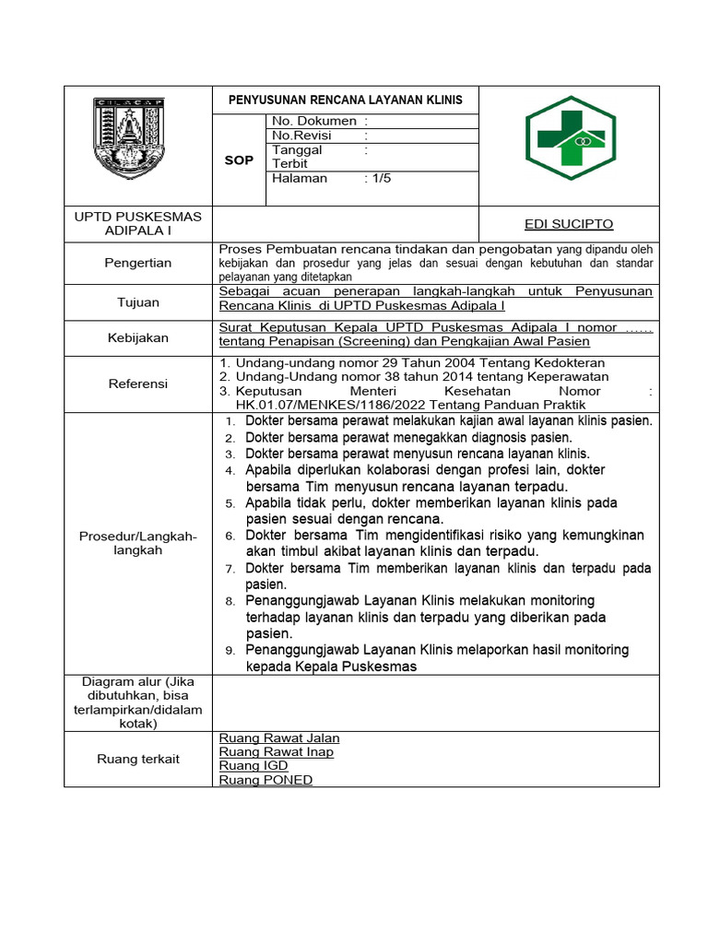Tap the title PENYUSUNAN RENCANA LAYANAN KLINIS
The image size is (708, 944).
click(346, 100)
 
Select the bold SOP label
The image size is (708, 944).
click(239, 160)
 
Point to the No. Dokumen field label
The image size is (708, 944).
click(314, 121)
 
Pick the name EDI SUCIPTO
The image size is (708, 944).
click(568, 224)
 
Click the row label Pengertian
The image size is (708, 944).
click(137, 263)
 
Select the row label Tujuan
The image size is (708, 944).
click(137, 301)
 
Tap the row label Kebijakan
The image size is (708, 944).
click(137, 337)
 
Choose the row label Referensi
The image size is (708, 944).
click(137, 383)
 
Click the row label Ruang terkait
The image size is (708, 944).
click(137, 759)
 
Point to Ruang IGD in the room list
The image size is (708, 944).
click(254, 766)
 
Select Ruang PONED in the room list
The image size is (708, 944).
click(265, 780)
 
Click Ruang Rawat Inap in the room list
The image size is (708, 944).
click(276, 752)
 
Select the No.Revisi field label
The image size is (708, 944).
click(301, 135)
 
